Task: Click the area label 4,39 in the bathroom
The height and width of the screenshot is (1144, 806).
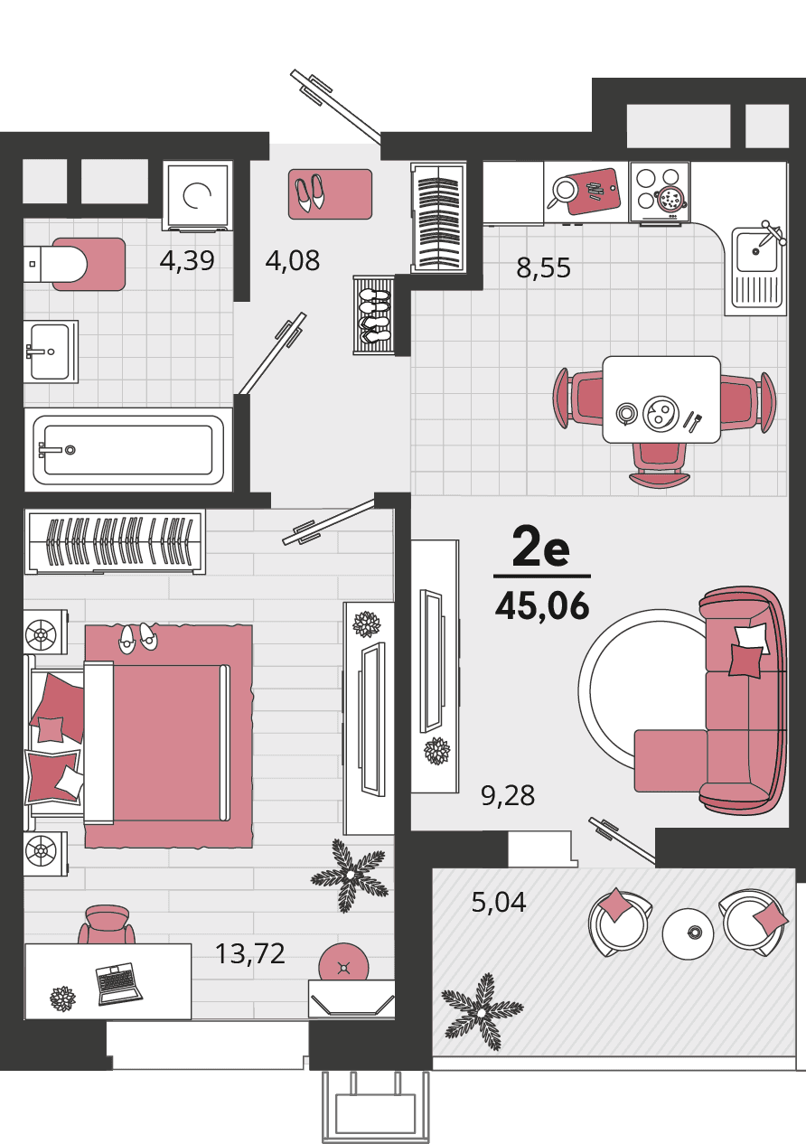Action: (187, 261)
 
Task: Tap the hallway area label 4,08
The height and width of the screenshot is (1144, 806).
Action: (292, 260)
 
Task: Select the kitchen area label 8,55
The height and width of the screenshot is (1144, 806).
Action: (543, 268)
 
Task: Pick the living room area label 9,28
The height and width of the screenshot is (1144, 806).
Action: (508, 796)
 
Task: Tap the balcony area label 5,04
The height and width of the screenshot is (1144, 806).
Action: (499, 902)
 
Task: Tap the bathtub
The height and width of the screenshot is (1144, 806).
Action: (128, 450)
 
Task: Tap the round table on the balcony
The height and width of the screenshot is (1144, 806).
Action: (688, 933)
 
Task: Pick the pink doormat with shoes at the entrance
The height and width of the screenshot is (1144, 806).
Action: (330, 194)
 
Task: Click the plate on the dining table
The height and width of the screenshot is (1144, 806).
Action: (660, 411)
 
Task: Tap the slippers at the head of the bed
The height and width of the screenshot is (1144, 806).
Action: (138, 636)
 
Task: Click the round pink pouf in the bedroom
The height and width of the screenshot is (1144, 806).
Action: (343, 962)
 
